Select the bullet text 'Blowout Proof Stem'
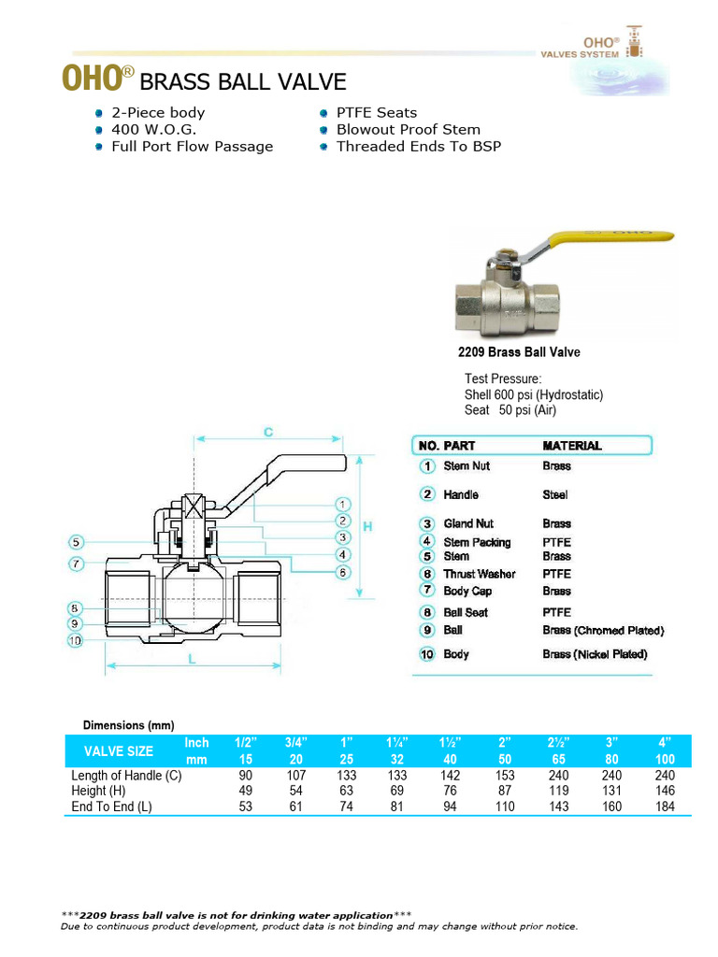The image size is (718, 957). click(408, 129)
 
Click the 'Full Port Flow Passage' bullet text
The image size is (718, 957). click(192, 146)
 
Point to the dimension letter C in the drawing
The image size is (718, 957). click(267, 433)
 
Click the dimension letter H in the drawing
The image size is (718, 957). click(367, 527)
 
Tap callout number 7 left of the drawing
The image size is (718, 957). click(77, 564)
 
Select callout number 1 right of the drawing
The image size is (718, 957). click(343, 504)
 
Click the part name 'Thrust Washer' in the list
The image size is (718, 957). click(479, 574)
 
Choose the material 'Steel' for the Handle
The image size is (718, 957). click(554, 494)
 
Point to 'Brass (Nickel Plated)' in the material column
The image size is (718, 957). click(595, 654)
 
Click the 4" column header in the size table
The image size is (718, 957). click(665, 742)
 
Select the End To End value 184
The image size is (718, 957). click(665, 807)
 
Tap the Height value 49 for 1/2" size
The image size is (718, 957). click(247, 791)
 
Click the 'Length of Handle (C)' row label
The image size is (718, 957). click(126, 775)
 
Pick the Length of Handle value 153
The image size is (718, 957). click(505, 775)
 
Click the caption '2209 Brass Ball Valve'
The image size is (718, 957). click(518, 352)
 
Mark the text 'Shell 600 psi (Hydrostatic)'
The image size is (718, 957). click(533, 394)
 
